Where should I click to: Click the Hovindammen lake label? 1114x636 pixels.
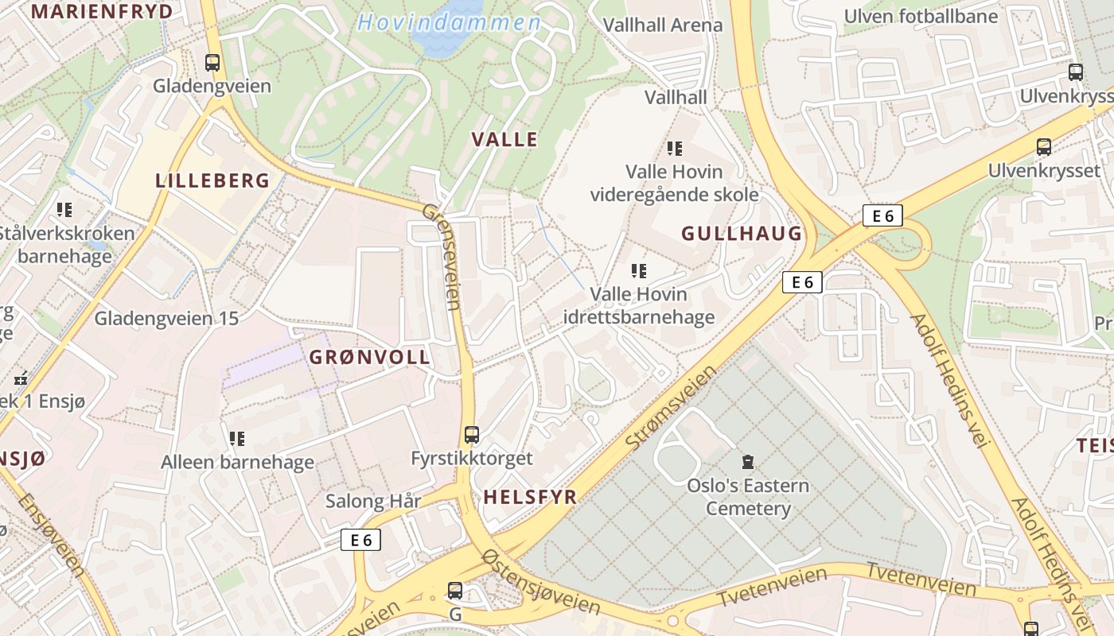pos(450,22)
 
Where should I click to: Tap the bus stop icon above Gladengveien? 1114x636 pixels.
pos(212,62)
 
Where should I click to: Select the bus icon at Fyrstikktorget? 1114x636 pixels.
pos(472,435)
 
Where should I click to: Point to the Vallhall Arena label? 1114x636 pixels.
pos(663,25)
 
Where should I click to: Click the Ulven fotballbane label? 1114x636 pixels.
pos(921,16)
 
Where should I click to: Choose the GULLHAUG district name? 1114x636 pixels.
pos(742,233)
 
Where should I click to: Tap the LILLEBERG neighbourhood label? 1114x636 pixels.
pos(212,180)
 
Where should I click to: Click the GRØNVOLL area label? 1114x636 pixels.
pos(370,357)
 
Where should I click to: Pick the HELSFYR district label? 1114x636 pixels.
pos(530,497)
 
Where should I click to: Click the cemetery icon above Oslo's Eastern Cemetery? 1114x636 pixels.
pos(747,461)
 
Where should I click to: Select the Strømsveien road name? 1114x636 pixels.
pos(671,408)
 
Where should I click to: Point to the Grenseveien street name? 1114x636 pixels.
pos(442,256)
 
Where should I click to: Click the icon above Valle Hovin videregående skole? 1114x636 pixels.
pos(675,148)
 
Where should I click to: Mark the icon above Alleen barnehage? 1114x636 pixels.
pos(237,438)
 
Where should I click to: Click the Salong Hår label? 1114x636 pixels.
pos(373,501)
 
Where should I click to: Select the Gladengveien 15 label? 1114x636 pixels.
pos(166,318)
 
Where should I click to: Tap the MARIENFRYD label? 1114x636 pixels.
pos(102,11)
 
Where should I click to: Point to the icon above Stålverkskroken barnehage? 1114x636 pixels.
pos(64,210)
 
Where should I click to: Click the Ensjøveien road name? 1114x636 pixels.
pos(50,534)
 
